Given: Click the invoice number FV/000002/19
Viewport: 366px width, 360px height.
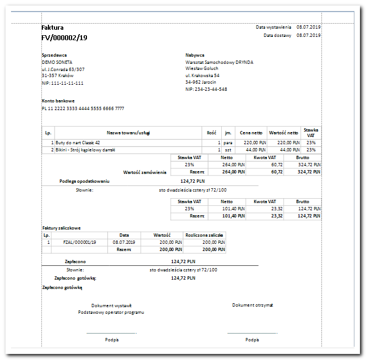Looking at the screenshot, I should [64, 38].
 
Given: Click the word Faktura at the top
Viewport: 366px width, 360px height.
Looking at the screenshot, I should [53, 28].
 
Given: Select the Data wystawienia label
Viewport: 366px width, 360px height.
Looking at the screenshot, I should [274, 27].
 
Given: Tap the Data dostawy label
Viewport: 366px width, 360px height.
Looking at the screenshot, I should [277, 35].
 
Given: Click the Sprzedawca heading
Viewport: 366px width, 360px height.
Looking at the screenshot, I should [54, 55].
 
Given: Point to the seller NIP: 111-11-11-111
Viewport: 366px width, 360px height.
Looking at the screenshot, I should [63, 83].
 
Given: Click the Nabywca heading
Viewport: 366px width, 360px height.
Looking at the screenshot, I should [195, 55].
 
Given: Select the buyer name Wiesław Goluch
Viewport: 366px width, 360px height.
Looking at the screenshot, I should [202, 69].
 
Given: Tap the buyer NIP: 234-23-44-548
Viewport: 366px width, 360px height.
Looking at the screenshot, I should [206, 89].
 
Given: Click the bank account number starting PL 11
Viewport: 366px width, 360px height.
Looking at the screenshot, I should [83, 108].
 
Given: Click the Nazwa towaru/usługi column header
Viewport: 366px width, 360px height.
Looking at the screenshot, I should [129, 133].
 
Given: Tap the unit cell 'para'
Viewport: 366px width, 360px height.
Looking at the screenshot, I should [227, 143].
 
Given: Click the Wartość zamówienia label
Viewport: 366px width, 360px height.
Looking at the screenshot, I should [145, 172].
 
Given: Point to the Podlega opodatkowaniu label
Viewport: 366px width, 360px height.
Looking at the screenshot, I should [85, 181].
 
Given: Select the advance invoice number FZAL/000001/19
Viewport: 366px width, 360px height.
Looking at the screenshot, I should [80, 242].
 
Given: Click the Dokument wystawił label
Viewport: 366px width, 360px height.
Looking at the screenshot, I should [111, 306].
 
